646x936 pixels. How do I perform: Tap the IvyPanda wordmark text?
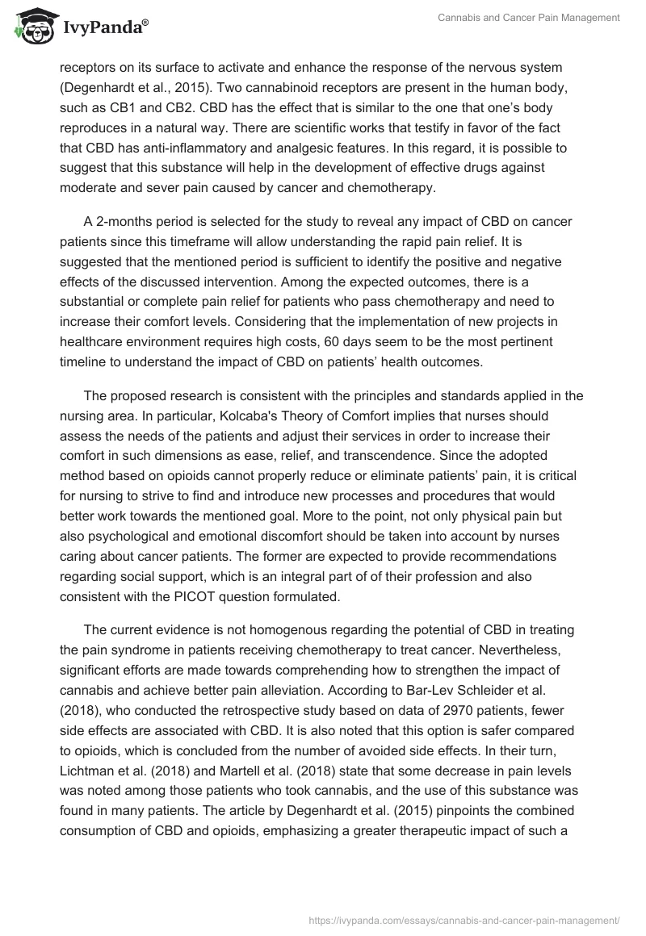102,27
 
